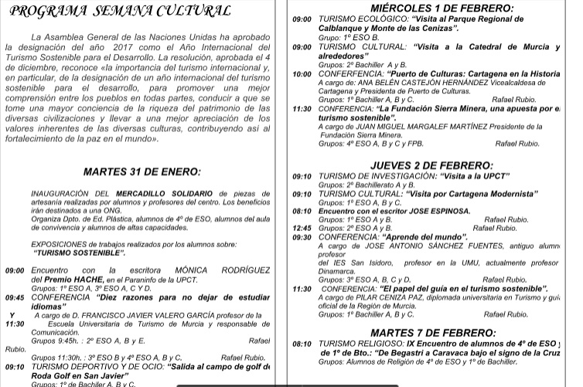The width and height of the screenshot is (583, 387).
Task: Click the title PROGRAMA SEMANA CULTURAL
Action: tap(121, 12)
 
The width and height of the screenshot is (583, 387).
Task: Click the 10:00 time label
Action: tap(302, 75)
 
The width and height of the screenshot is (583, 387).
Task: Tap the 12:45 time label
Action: tap(302, 229)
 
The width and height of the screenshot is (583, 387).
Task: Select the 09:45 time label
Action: tap(15, 297)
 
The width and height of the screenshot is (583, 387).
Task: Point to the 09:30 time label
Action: tap(302, 237)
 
